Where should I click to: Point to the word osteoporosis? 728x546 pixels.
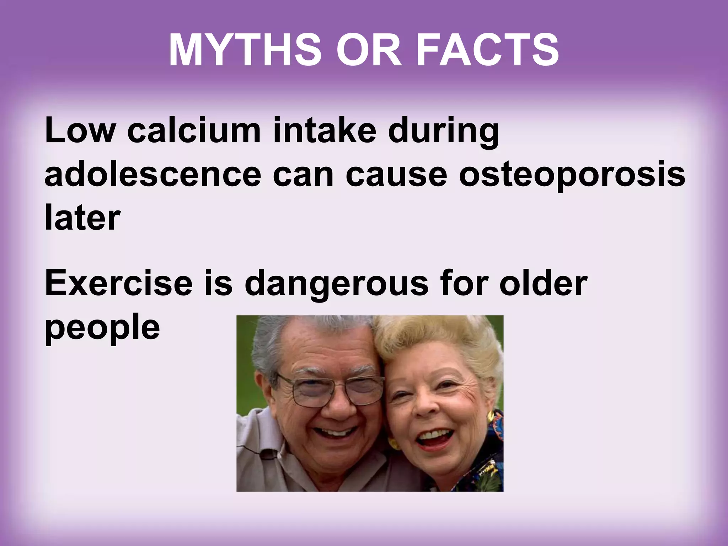tap(572, 175)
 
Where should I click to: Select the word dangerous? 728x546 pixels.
tap(336, 284)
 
